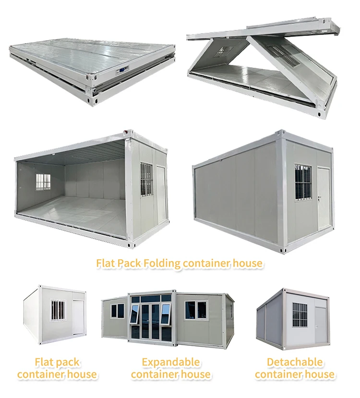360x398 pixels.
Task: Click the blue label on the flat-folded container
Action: (123, 70)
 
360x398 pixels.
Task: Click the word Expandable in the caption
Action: (171, 362)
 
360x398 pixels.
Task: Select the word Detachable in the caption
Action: (294, 362)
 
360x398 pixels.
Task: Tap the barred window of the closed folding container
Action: (302, 182)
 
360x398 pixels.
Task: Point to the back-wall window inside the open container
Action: (43, 181)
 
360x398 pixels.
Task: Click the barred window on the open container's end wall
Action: (146, 179)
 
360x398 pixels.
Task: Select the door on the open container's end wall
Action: (162, 192)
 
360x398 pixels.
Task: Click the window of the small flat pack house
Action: (58, 311)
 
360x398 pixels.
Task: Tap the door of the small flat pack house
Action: (77, 317)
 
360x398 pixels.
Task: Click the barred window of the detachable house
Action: (300, 315)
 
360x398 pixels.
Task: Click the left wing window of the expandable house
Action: (118, 311)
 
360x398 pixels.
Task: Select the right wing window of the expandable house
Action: (196, 310)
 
